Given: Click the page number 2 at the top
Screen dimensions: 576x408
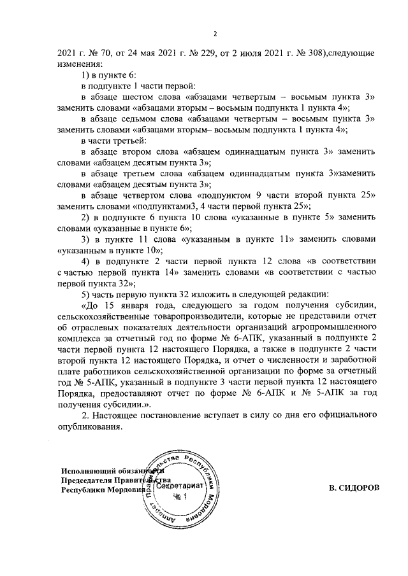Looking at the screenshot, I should (x=215, y=34).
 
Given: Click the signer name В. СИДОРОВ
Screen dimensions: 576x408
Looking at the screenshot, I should (x=353, y=488).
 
